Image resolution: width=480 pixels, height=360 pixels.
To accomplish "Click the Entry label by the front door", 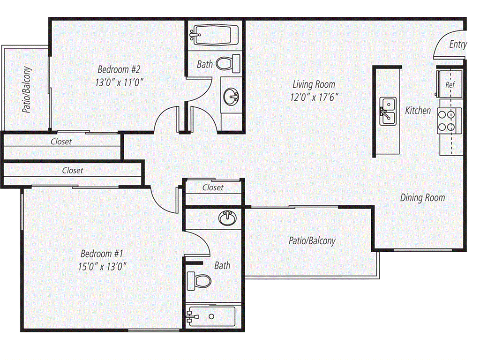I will click(x=457, y=45).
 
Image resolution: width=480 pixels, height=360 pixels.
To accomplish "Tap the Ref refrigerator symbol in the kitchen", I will click(x=450, y=85).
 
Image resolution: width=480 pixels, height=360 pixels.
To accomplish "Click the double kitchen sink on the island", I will click(x=387, y=112).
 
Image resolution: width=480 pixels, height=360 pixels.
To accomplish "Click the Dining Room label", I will click(x=422, y=198).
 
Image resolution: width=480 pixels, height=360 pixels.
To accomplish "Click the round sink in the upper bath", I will click(x=231, y=97).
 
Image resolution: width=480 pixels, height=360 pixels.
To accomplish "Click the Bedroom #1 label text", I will click(x=102, y=254).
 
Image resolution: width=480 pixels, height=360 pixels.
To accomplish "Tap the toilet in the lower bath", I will click(x=199, y=281).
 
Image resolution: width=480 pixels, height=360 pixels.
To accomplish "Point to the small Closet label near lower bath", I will click(x=213, y=187).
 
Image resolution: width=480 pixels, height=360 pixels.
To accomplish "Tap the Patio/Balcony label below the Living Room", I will click(x=312, y=241).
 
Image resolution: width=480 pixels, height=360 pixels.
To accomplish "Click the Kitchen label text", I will click(x=418, y=111).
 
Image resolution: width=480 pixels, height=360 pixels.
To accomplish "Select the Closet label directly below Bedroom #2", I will click(x=61, y=141).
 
